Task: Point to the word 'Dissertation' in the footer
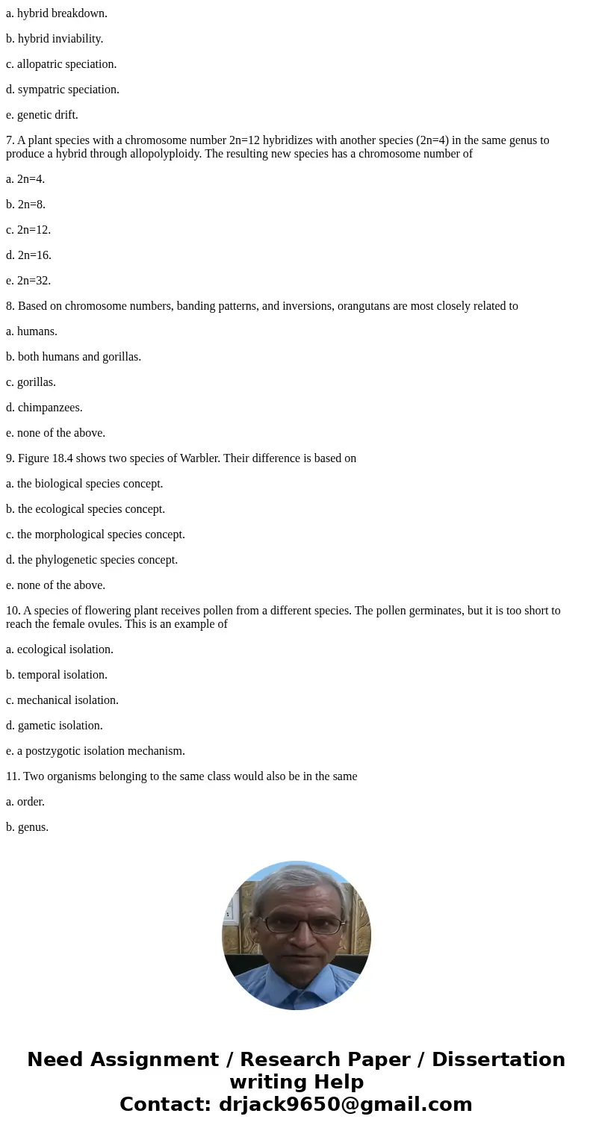(498, 1060)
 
